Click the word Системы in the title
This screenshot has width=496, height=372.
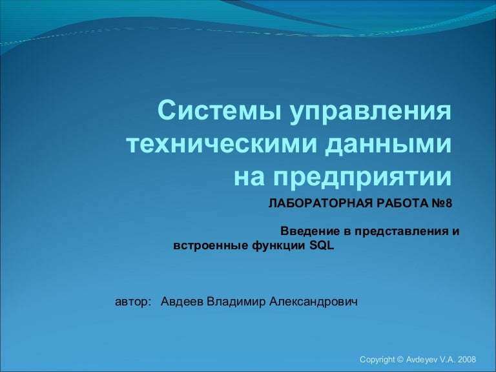[x=219, y=110]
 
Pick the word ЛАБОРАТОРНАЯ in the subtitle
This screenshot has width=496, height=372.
[x=320, y=203]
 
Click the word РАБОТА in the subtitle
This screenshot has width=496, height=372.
[x=402, y=203]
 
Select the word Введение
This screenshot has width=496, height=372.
[x=310, y=232]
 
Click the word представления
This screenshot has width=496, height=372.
[x=399, y=232]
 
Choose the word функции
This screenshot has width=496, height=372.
[x=279, y=246]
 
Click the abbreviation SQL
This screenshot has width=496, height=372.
[x=322, y=246]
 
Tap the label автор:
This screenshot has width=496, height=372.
[x=132, y=302]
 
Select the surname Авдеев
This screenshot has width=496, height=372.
[x=182, y=302]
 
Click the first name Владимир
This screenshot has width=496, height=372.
[x=236, y=302]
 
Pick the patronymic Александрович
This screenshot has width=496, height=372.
[x=313, y=302]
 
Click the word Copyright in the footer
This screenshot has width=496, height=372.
[x=377, y=360]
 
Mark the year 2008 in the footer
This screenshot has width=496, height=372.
[x=466, y=360]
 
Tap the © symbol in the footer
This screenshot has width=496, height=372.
[x=400, y=360]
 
